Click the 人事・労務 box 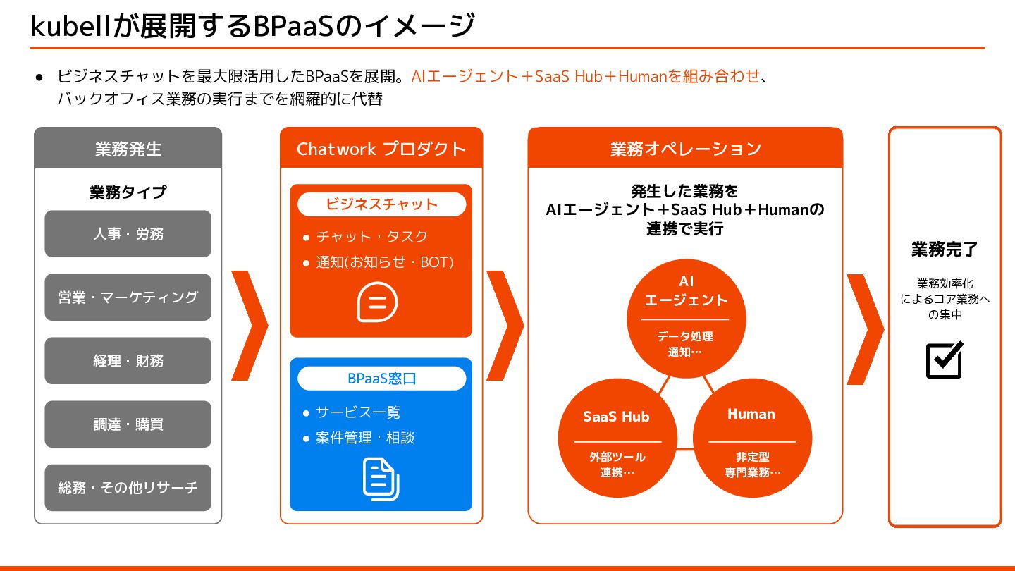tap(128, 233)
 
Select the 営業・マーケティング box tap(128, 297)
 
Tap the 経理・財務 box tap(128, 360)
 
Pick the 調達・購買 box tap(128, 424)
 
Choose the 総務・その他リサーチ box tap(128, 487)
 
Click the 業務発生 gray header tap(128, 149)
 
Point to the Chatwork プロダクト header tap(381, 149)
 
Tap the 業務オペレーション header tap(685, 149)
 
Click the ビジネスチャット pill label tap(381, 204)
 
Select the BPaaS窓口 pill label tap(381, 379)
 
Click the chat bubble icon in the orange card tap(378, 302)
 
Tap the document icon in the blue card tap(381, 479)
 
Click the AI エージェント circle tap(686, 317)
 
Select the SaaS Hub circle tap(617, 437)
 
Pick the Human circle tap(752, 437)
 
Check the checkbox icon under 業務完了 tap(944, 360)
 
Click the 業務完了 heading tap(945, 249)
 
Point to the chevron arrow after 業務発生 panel tap(249, 326)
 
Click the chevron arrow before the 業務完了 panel tap(864, 329)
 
